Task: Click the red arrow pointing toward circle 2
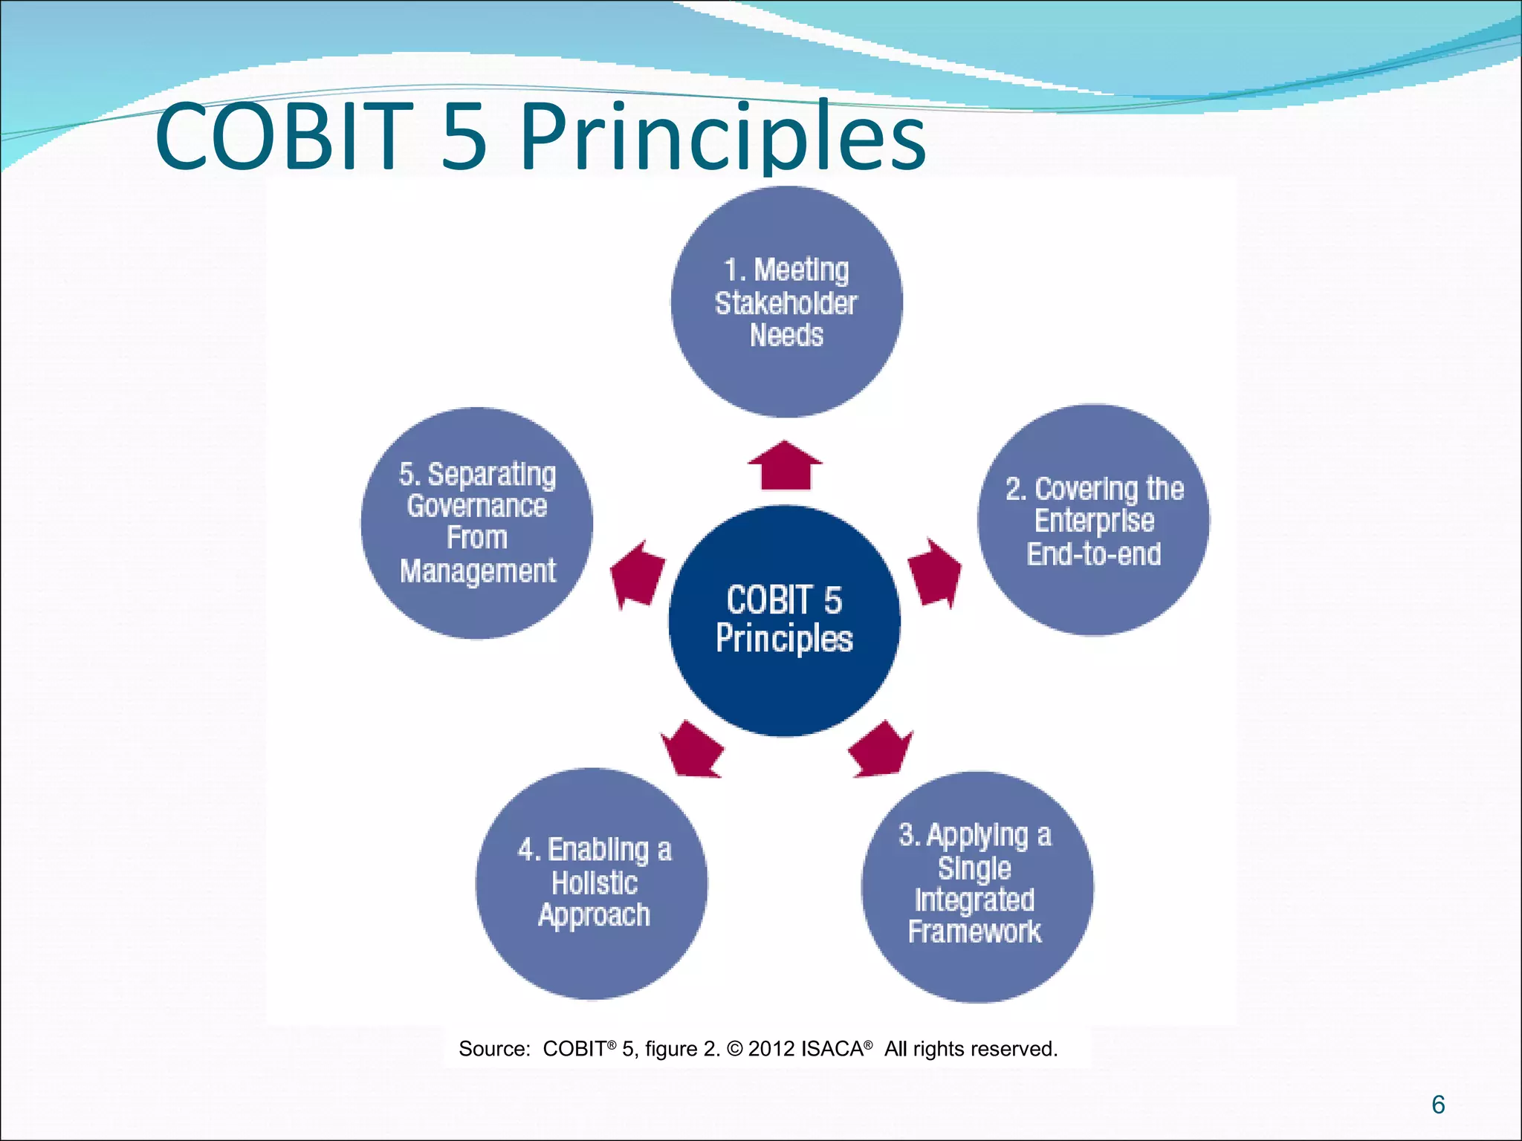935,572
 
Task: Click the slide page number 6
1438,1105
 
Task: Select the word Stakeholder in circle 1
786,303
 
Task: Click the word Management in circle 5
478,571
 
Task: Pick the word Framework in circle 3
974,932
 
